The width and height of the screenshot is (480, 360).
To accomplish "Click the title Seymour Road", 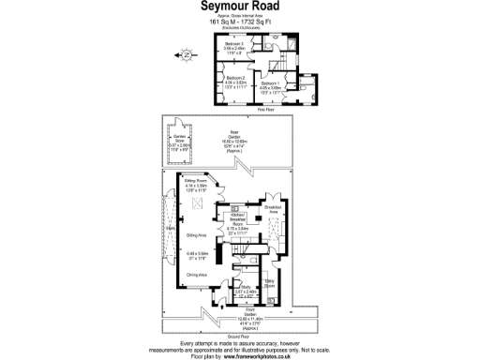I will [x=239, y=6].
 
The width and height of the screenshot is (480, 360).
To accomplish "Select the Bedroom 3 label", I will [x=234, y=44].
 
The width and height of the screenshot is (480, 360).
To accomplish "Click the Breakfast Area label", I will [x=273, y=208].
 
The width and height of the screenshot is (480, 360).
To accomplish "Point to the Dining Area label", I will [x=197, y=274].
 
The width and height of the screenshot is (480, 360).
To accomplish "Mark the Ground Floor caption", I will [x=239, y=336].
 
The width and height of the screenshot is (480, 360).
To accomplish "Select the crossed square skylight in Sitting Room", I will [x=198, y=202].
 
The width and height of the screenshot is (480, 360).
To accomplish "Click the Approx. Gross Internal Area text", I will [x=239, y=15].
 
